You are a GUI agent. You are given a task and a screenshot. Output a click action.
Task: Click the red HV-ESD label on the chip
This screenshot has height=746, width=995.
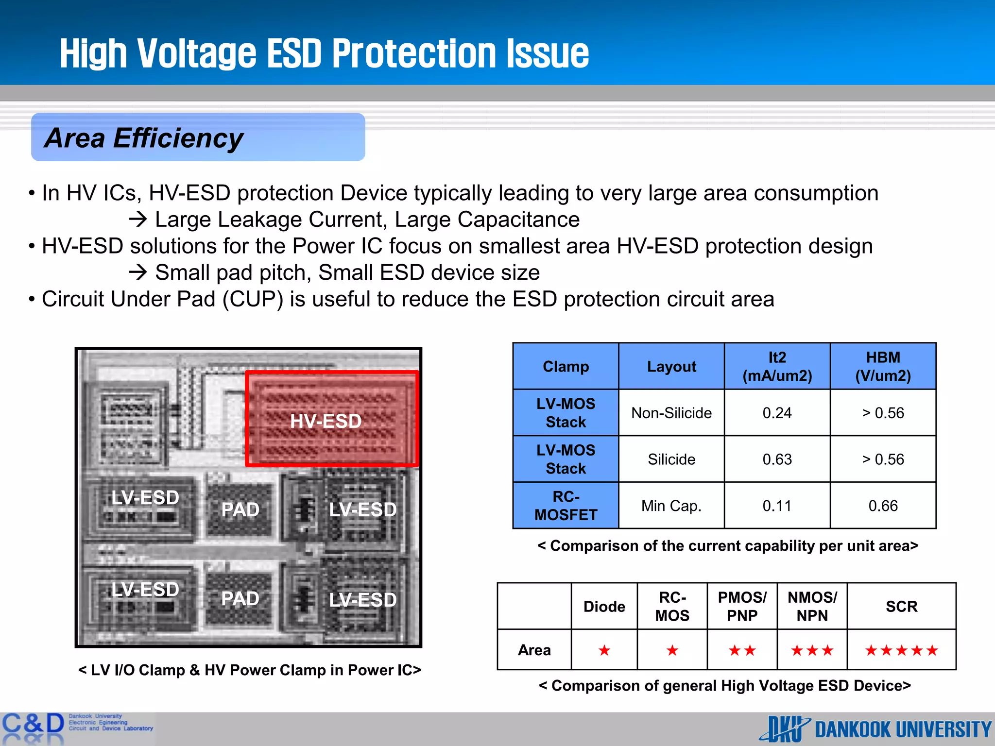[326, 421]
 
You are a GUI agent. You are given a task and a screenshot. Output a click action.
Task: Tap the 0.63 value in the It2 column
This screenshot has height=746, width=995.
[777, 459]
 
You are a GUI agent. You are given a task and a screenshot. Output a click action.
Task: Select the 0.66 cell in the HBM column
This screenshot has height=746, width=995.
[883, 506]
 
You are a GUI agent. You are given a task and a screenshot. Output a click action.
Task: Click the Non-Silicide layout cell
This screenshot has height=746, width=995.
[671, 413]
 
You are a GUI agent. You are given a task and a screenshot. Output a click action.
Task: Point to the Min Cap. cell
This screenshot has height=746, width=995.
[671, 506]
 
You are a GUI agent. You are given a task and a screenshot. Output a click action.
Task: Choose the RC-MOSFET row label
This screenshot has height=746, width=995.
[566, 506]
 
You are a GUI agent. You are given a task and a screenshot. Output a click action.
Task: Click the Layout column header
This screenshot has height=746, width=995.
[671, 367]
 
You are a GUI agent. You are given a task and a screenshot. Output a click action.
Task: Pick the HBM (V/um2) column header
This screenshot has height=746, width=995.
[883, 367]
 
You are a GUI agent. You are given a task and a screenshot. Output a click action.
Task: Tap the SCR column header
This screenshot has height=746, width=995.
[901, 607]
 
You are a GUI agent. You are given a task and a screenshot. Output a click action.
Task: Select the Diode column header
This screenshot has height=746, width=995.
[604, 607]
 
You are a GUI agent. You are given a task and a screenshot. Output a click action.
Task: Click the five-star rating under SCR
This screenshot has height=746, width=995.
[901, 650]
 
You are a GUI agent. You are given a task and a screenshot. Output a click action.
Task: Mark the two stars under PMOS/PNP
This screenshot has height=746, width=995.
[742, 650]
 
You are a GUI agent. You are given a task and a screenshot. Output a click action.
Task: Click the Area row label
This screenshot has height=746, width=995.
[534, 650]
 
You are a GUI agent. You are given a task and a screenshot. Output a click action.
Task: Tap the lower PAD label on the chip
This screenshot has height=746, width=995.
[240, 599]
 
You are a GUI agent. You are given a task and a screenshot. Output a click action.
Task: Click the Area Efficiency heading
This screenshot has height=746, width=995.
[144, 138]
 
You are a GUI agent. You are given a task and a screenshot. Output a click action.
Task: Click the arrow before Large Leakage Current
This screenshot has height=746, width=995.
[138, 220]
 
